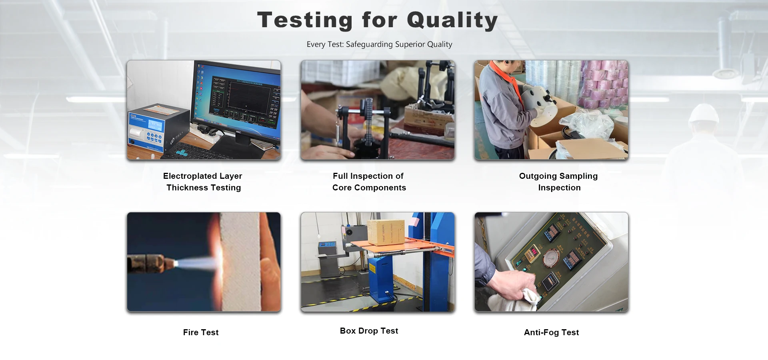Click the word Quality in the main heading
[x=452, y=20]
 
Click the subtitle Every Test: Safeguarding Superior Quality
[x=379, y=44]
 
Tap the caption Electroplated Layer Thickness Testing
[x=203, y=182]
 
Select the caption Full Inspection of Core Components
[x=369, y=182]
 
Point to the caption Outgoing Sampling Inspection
[x=559, y=182]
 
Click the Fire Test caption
[x=201, y=332]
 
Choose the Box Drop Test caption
[x=369, y=331]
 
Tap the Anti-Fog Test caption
[x=551, y=332]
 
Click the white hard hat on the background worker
[x=704, y=114]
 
